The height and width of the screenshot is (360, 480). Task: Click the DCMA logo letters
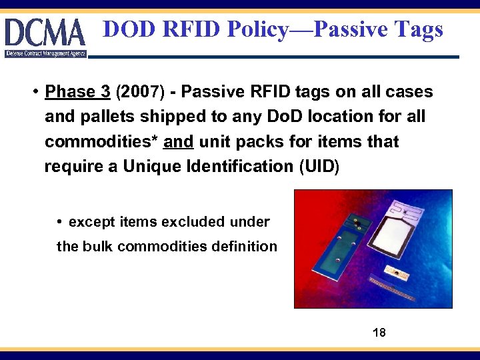[45, 32]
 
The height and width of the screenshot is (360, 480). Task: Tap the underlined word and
[179, 141]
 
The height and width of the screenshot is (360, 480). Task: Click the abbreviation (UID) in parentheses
[316, 166]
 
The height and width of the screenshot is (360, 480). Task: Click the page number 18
[379, 332]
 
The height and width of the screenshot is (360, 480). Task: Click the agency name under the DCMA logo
[45, 53]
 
